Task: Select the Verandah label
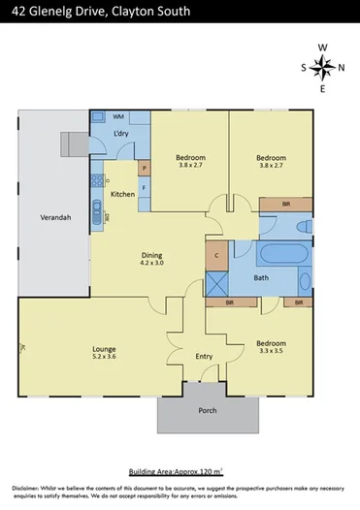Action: point(53,218)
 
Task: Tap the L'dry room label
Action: point(122,133)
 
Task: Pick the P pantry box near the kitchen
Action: point(144,167)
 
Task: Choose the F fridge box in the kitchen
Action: point(144,187)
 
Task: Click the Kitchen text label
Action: point(122,195)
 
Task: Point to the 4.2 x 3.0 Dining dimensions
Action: point(152,262)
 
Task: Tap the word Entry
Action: point(205,357)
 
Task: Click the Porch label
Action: point(209,410)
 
